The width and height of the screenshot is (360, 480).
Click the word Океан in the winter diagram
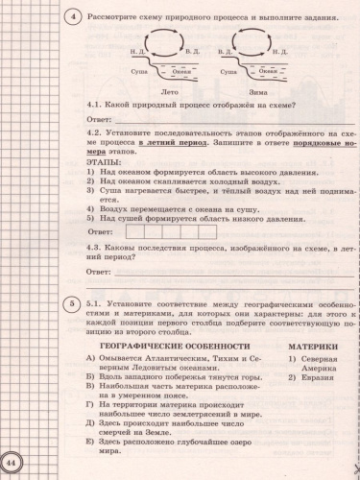click(x=269, y=70)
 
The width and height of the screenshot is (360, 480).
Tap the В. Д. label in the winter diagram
click(x=228, y=48)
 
